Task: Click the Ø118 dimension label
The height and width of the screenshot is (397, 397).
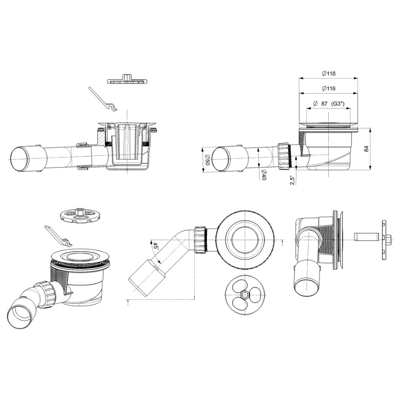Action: [329, 74]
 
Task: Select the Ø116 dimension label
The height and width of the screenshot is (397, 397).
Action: [329, 89]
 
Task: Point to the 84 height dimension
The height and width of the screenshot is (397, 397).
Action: [366, 148]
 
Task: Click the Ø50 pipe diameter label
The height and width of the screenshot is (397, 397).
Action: [207, 160]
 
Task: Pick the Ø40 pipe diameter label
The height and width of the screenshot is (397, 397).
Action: [263, 175]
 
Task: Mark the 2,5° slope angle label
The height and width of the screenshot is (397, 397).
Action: [293, 180]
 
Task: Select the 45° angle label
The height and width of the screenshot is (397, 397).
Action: [155, 247]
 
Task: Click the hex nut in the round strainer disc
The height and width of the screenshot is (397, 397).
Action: [245, 295]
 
